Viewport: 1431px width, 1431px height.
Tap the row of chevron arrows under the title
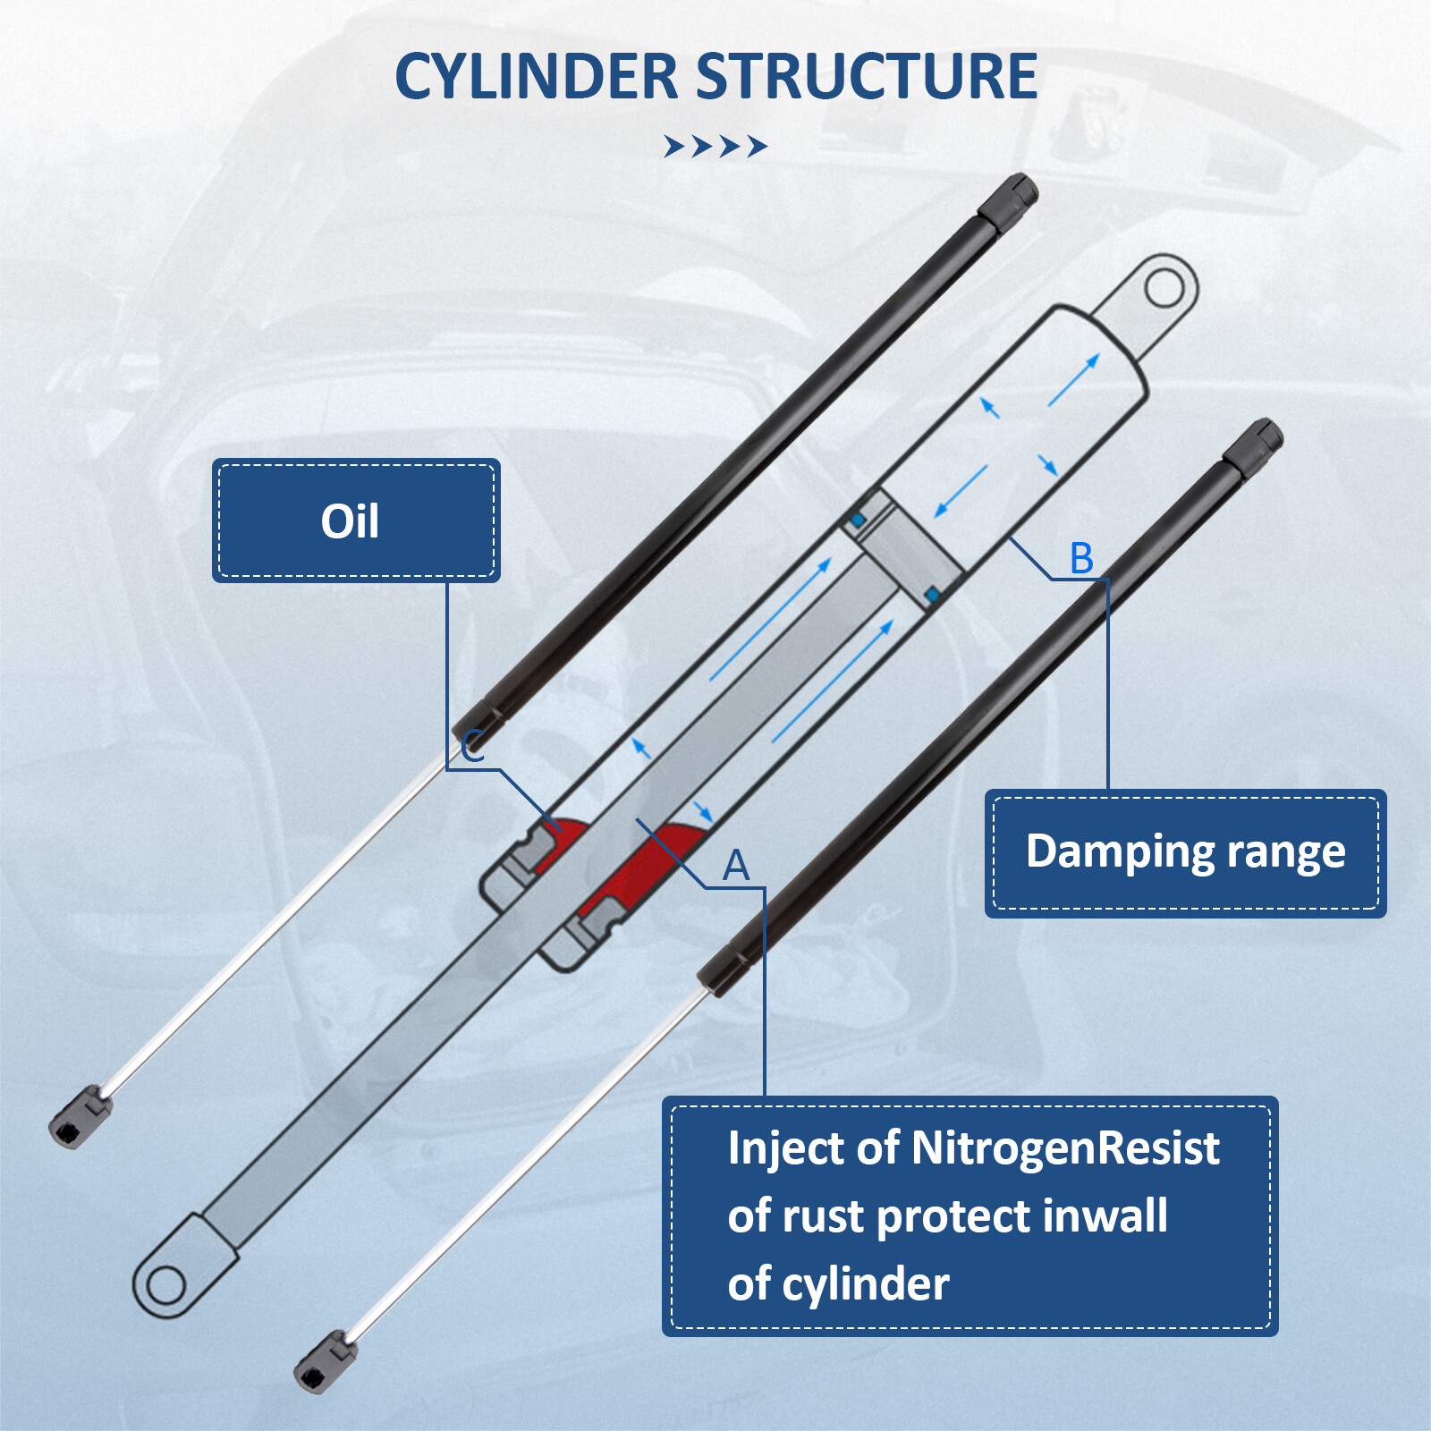[715, 146]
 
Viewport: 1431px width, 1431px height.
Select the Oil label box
[355, 521]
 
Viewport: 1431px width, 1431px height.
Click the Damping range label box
[1185, 852]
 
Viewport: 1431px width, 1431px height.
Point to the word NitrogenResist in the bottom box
[1064, 1148]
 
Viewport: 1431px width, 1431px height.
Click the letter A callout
[735, 865]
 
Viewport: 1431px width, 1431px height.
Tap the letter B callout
[1081, 559]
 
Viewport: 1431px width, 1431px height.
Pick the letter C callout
[473, 745]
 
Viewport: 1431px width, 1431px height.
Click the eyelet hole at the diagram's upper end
[1164, 288]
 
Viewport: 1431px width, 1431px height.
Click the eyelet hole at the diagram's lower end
[165, 1286]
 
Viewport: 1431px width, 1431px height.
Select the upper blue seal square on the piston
[858, 520]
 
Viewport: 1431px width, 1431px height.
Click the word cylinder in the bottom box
[865, 1285]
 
